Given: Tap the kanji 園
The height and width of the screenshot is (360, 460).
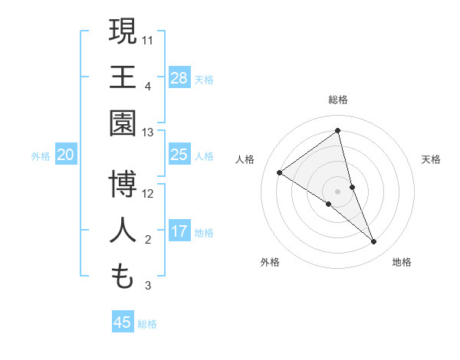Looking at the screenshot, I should [123, 123].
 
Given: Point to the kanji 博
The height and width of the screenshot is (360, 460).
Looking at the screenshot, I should [123, 184].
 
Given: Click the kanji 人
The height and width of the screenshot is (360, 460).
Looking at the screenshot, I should [123, 231].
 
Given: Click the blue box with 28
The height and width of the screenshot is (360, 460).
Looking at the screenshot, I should [179, 78].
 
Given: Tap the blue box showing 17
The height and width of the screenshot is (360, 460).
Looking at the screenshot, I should [179, 232].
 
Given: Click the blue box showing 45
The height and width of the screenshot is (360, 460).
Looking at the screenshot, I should [123, 322].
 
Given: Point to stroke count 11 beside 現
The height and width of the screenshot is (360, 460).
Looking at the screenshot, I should [148, 39].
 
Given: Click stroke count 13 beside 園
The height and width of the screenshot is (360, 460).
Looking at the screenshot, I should [148, 132].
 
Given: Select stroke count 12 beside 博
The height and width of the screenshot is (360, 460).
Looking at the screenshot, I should [148, 193].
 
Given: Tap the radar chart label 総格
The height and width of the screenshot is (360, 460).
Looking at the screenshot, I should [337, 100].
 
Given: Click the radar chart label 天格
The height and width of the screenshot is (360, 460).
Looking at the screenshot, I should [431, 159].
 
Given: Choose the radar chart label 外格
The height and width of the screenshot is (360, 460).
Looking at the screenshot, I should [270, 262].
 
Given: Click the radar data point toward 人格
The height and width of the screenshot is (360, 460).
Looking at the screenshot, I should [280, 172].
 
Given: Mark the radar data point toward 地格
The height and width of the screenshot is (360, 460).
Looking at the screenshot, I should [374, 241].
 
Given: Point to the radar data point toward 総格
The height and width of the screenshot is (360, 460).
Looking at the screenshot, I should [337, 130].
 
